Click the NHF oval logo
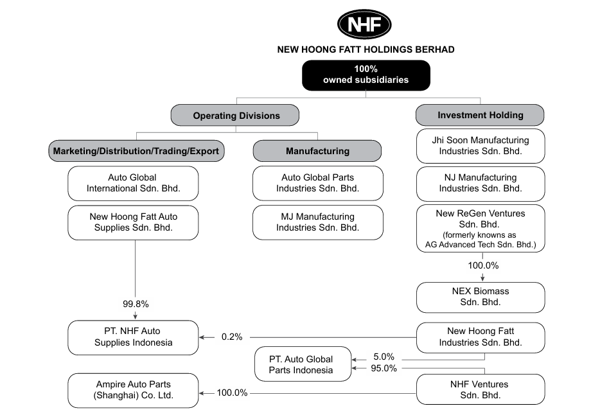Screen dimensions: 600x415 [x=364, y=24]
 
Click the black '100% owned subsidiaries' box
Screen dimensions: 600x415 [x=366, y=75]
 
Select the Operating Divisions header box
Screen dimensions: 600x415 [x=235, y=115]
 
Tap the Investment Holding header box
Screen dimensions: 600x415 [x=480, y=115]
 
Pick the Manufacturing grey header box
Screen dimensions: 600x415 [x=317, y=151]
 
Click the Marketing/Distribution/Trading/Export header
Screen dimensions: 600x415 [x=136, y=151]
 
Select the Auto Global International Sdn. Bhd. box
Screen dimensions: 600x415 [x=133, y=183]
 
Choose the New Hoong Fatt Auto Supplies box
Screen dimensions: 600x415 [x=133, y=223]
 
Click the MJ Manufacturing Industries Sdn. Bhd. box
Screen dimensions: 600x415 [x=317, y=223]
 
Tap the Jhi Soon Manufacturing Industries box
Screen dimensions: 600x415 [x=481, y=146]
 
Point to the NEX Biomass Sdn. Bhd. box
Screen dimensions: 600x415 [x=481, y=297]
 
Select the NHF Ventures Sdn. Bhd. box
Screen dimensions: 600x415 [x=481, y=389]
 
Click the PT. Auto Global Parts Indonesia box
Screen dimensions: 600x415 [x=303, y=364]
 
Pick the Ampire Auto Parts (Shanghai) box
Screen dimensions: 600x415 [x=133, y=391]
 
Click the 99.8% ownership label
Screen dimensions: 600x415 [x=136, y=304]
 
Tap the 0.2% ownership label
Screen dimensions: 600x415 [x=232, y=337]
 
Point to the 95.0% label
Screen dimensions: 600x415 [x=384, y=368]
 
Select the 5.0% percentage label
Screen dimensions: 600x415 [x=384, y=357]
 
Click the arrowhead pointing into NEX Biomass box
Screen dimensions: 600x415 [x=482, y=278]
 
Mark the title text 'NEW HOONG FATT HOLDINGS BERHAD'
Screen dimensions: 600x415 [x=366, y=49]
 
